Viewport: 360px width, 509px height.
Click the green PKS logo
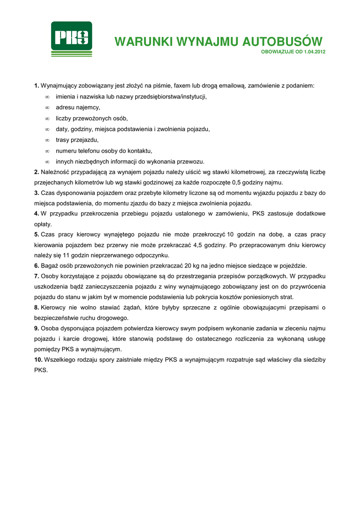pyautogui.click(x=72, y=38)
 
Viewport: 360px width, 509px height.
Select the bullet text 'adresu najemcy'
pyautogui.click(x=78, y=107)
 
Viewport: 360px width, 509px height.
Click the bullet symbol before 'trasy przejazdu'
pyautogui.click(x=47, y=140)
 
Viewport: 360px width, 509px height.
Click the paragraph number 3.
pyautogui.click(x=36, y=193)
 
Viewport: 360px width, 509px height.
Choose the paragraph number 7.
pyautogui.click(x=36, y=276)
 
